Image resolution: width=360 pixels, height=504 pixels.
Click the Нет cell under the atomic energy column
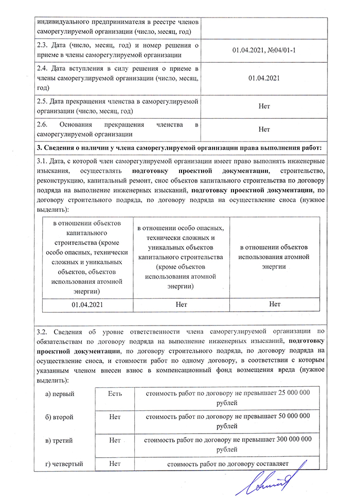[275, 304]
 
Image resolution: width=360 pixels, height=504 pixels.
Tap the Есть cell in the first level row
[115, 393]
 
